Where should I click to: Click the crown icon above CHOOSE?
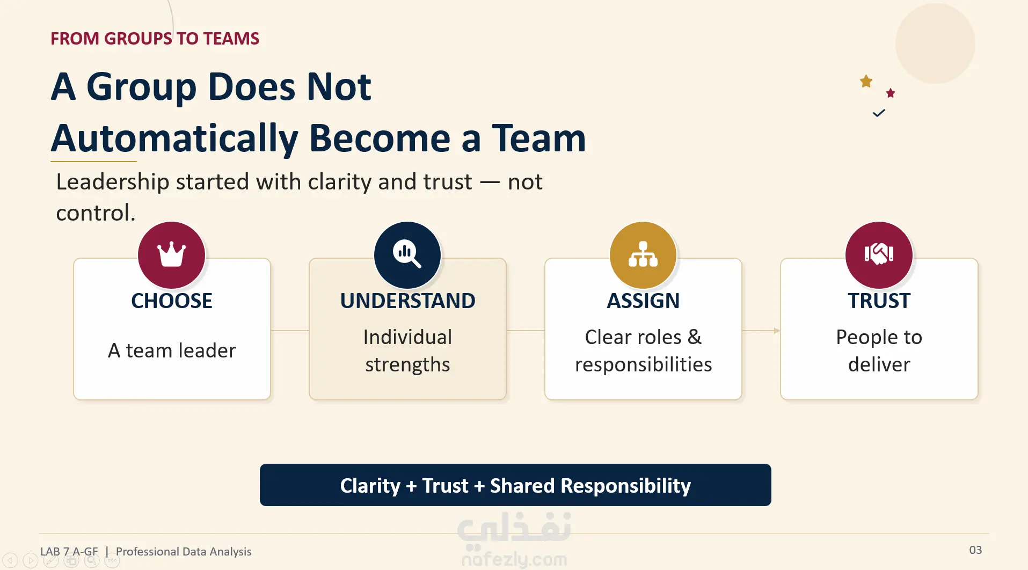pyautogui.click(x=171, y=254)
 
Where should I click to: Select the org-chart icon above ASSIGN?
pyautogui.click(x=643, y=254)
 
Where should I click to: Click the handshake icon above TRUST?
pyautogui.click(x=879, y=254)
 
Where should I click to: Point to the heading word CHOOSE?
pyautogui.click(x=172, y=301)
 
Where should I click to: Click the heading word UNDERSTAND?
pyautogui.click(x=407, y=301)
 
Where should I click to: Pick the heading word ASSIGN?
pyautogui.click(x=643, y=301)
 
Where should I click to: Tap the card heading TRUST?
pyautogui.click(x=879, y=301)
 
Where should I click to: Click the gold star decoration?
pyautogui.click(x=866, y=81)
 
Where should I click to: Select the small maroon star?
pyautogui.click(x=891, y=93)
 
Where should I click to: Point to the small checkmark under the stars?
pyautogui.click(x=879, y=113)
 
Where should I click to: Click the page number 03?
pyautogui.click(x=975, y=550)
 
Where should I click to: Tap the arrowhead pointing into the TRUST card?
pyautogui.click(x=777, y=331)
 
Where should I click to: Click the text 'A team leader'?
pyautogui.click(x=172, y=350)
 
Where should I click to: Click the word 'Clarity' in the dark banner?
pyautogui.click(x=370, y=486)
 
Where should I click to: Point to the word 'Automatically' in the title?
pyautogui.click(x=174, y=139)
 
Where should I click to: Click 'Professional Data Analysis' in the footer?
pyautogui.click(x=184, y=552)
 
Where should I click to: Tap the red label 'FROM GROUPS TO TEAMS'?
pyautogui.click(x=155, y=39)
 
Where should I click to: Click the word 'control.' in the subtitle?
pyautogui.click(x=96, y=213)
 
